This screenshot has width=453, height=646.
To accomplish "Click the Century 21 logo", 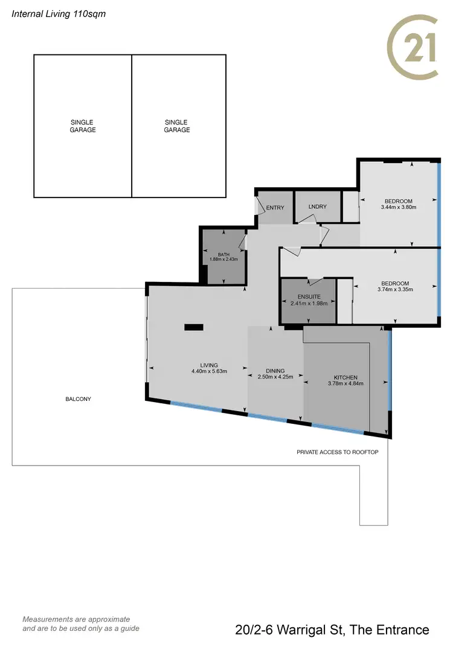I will [x=413, y=47].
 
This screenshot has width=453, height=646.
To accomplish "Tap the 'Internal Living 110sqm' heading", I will [x=59, y=13].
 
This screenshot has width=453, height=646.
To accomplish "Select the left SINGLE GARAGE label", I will [x=83, y=126].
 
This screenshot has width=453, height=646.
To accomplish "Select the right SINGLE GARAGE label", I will [x=176, y=126].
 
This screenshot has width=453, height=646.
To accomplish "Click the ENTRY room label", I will [x=275, y=208].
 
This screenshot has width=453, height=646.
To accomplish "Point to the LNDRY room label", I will [x=317, y=207].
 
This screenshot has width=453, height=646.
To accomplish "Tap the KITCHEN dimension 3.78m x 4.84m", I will [x=345, y=383].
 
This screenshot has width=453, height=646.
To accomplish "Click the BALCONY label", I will [x=79, y=399].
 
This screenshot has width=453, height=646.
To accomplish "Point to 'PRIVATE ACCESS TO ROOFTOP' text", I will [x=338, y=452].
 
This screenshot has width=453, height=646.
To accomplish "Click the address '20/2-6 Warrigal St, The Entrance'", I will [x=332, y=630].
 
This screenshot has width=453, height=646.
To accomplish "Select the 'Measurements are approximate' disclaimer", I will [x=76, y=619].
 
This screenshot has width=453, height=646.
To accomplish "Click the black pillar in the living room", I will [x=194, y=327].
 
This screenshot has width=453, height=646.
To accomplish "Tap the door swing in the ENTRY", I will [x=261, y=203].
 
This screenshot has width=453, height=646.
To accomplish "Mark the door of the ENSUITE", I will [x=315, y=281].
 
